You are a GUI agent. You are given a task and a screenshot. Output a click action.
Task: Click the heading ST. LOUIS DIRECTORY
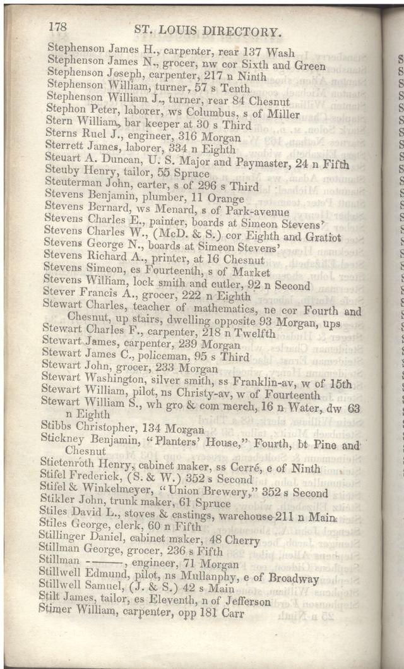click(x=208, y=31)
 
